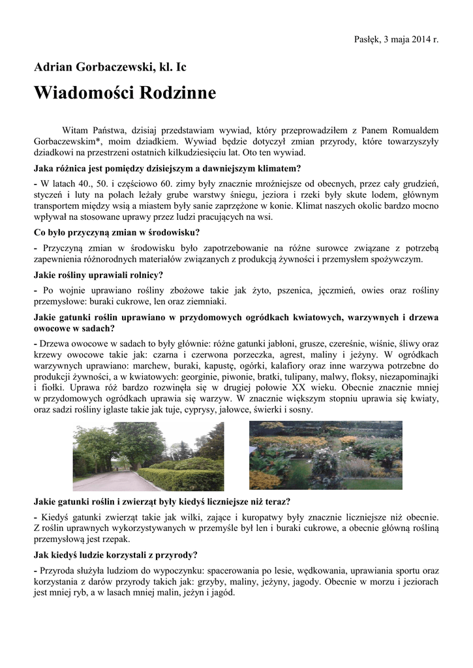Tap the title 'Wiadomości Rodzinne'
(125, 93)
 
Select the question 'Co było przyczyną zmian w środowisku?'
(117, 232)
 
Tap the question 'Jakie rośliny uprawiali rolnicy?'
(99, 275)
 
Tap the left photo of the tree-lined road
(148, 456)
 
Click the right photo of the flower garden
(326, 455)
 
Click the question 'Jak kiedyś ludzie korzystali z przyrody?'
(115, 555)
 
